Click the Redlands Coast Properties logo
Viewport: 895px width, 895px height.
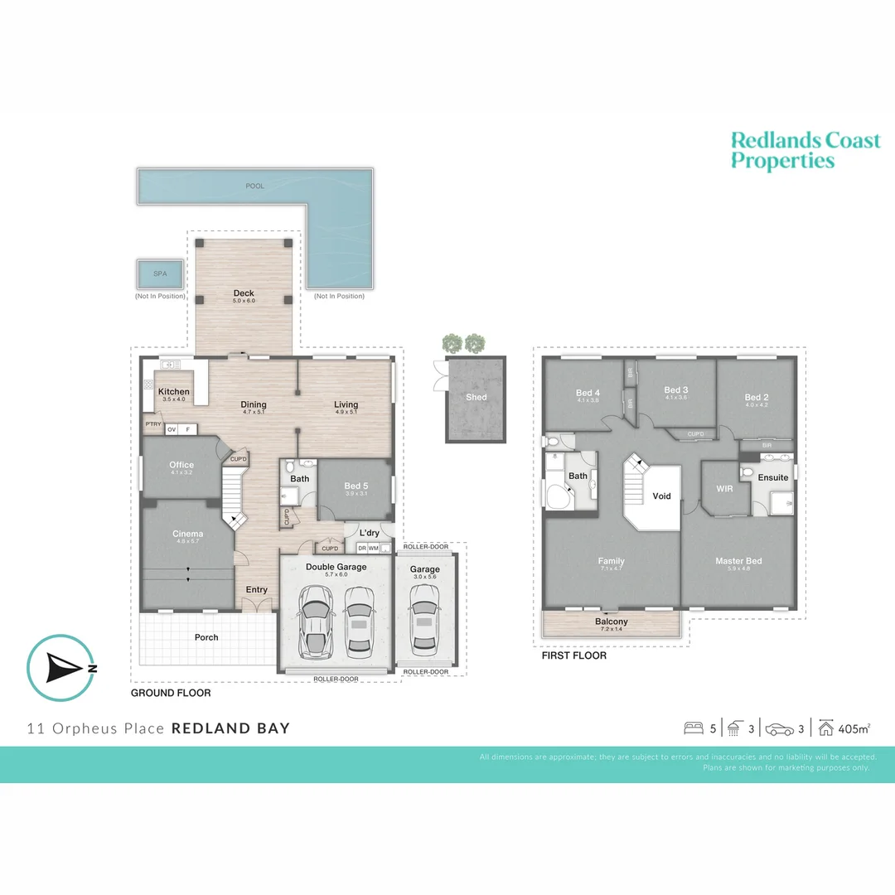805,150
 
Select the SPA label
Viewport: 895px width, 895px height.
159,273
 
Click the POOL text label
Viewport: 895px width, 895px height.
254,186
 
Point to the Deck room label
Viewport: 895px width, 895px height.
244,293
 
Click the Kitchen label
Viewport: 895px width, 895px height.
174,392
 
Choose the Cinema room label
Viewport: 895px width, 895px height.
187,534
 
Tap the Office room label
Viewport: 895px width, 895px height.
181,465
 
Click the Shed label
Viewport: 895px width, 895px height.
477,397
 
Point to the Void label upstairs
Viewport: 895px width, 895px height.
661,496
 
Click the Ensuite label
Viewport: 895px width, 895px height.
773,477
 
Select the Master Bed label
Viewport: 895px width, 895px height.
738,561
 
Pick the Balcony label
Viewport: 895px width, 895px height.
611,622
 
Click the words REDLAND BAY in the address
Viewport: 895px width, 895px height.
230,728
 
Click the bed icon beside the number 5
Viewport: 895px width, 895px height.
693,729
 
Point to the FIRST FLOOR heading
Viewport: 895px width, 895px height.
574,656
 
